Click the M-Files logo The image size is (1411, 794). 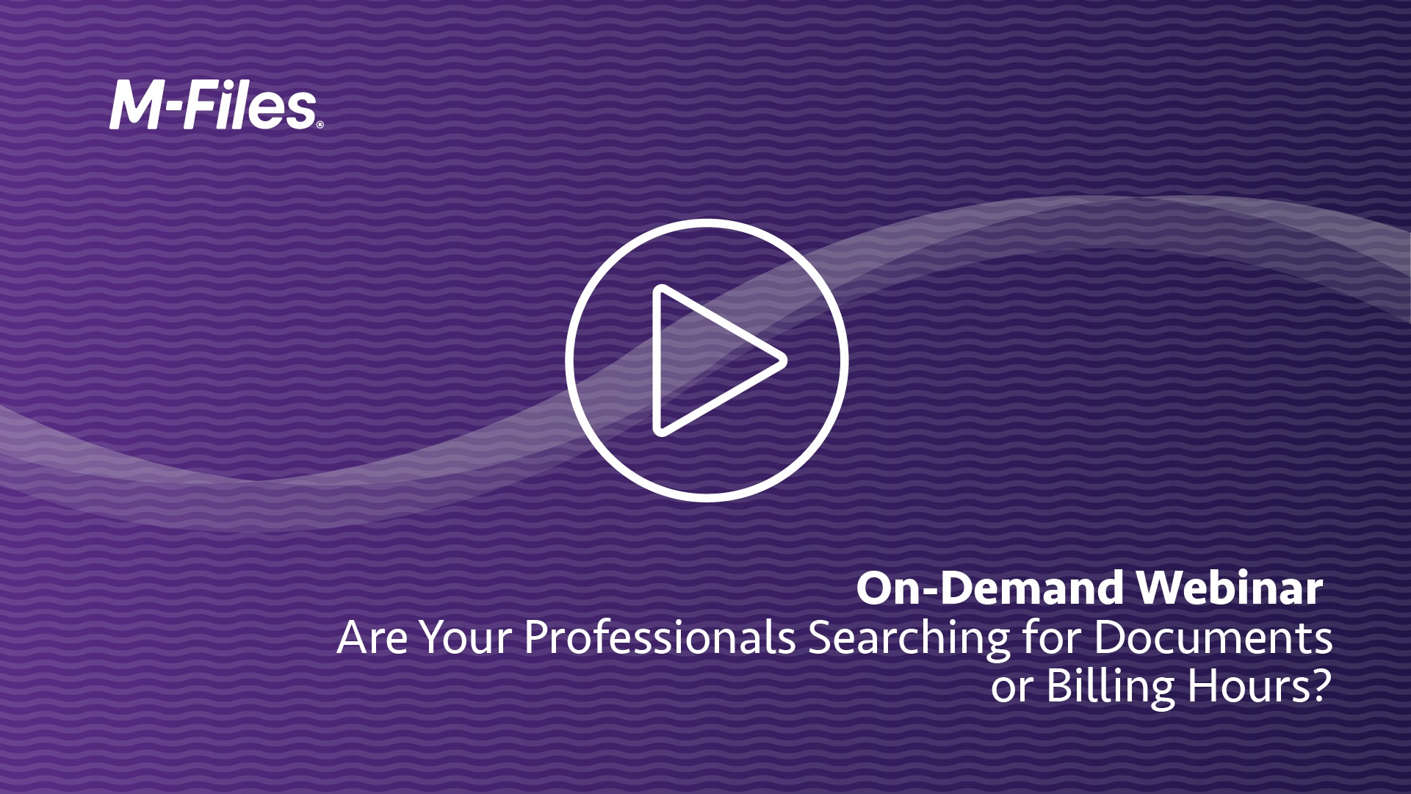click(216, 107)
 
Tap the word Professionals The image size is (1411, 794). click(660, 638)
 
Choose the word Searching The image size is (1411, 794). click(909, 640)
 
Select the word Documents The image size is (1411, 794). click(1213, 638)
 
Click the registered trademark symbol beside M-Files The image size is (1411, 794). click(320, 126)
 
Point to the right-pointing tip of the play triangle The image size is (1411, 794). click(787, 361)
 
